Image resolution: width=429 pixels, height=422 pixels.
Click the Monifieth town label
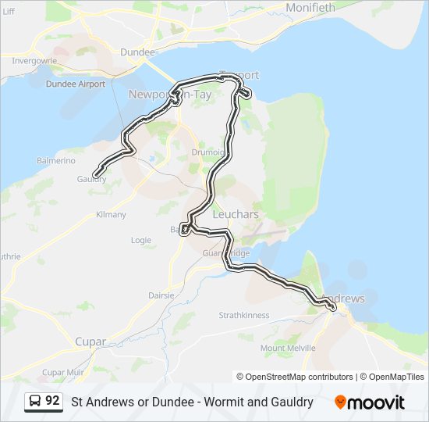click(x=310, y=8)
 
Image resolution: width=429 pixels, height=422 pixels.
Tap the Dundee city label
click(x=137, y=52)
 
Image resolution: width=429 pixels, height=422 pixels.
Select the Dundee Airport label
click(x=76, y=84)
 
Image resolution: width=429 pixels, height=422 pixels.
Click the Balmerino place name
click(x=55, y=160)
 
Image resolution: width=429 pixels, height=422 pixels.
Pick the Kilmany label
click(x=110, y=214)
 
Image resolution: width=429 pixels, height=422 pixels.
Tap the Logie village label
click(x=141, y=241)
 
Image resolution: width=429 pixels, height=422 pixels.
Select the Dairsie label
click(x=162, y=295)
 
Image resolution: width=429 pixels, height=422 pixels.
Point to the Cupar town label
click(x=90, y=342)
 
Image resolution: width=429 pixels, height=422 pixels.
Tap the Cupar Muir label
click(x=64, y=372)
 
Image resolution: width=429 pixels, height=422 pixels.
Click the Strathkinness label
click(x=244, y=315)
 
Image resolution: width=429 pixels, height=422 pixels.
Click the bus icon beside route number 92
click(x=34, y=402)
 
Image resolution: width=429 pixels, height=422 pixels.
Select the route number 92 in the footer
click(x=52, y=401)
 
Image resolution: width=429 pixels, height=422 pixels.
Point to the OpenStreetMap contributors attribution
click(x=295, y=377)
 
